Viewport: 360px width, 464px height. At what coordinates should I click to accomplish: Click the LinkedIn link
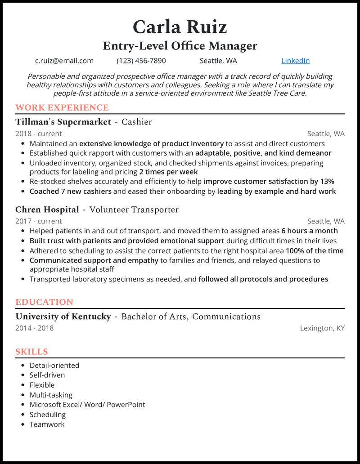coord(295,61)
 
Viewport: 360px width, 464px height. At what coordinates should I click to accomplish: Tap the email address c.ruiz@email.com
coord(64,61)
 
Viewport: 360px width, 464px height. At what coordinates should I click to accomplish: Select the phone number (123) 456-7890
coord(141,61)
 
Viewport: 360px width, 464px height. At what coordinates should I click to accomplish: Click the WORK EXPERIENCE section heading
coord(62,107)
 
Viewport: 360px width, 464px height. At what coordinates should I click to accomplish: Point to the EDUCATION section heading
coord(44,302)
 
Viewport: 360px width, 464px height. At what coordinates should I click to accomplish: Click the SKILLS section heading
coord(31,352)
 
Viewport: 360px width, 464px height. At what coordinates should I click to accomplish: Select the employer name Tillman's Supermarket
coord(63,122)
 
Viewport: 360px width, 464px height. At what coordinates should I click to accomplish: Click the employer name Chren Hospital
coord(47,210)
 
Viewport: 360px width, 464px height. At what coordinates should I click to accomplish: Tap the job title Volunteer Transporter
coord(134,210)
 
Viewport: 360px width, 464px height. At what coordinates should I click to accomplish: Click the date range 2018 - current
coord(39,134)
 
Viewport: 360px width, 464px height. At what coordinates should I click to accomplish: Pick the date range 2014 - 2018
coord(34,328)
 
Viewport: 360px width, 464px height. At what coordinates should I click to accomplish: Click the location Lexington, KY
coord(322,328)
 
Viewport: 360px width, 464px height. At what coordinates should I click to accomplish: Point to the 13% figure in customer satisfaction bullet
coord(327,182)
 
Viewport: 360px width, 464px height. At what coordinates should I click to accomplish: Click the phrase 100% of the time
coord(315,251)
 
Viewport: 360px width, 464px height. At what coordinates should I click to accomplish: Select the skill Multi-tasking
coord(51,395)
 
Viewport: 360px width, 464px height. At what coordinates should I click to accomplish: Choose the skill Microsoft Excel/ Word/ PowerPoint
coord(87,405)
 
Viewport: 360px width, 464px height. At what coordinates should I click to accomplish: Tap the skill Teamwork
coord(47,424)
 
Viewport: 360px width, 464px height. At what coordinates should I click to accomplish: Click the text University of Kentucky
coord(63,317)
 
